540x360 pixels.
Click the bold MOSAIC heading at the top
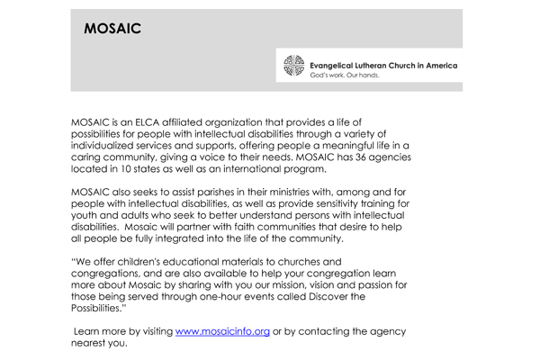[x=112, y=28]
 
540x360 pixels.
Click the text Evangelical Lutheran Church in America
[x=383, y=65]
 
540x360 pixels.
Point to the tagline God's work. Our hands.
[x=344, y=76]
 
